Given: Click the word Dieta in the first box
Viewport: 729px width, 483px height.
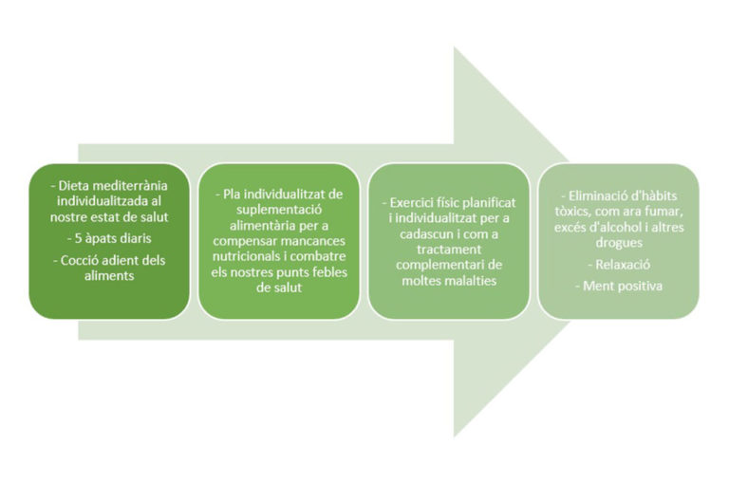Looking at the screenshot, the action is (x=71, y=185).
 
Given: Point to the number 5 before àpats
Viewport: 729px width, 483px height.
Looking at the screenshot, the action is (x=78, y=238).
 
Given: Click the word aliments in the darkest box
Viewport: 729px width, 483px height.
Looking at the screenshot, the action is (x=109, y=276).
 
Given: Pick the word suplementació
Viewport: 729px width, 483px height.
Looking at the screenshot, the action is (x=279, y=210).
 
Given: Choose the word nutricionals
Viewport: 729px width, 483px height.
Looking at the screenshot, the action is (x=247, y=256).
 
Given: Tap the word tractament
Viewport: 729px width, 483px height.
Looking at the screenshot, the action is (x=449, y=250).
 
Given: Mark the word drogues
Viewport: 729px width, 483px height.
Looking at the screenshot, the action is (x=619, y=243).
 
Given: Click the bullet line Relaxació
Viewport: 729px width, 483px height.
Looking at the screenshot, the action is (x=619, y=265).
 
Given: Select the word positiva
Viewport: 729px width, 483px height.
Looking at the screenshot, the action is (x=639, y=286).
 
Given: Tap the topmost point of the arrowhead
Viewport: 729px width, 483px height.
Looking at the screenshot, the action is (x=455, y=46).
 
